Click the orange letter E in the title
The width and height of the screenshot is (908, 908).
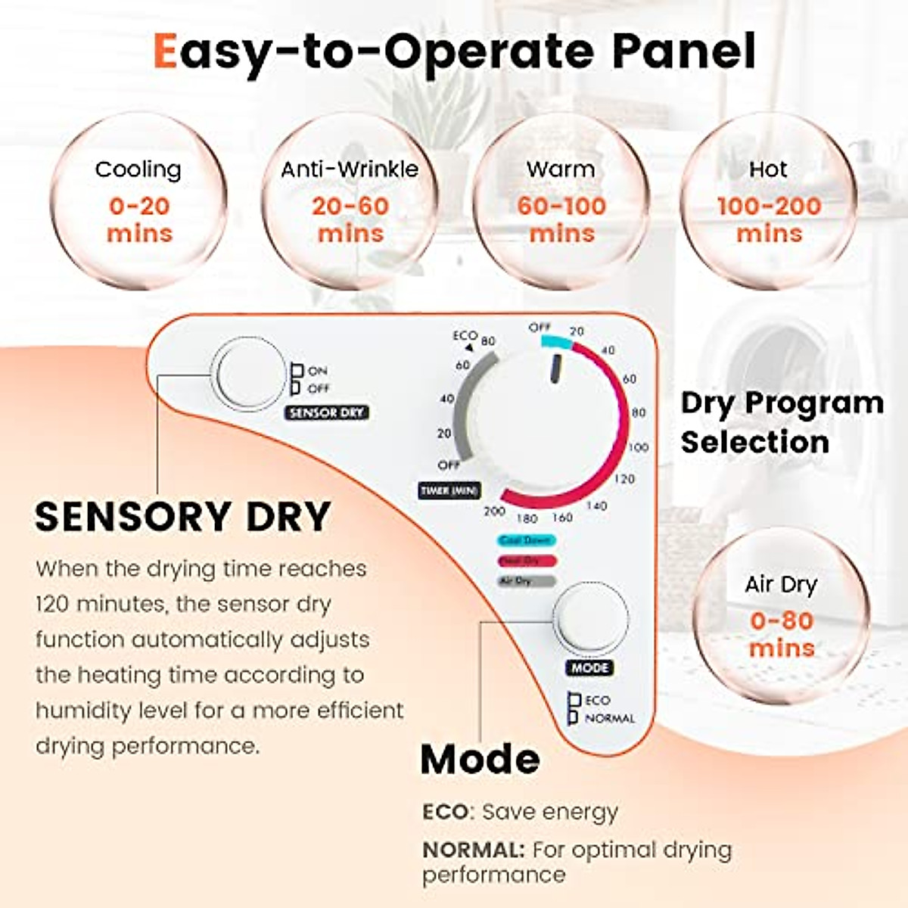point(165,51)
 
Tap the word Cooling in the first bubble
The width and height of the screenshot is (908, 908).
point(138,169)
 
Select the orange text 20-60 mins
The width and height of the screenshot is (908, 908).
point(350,219)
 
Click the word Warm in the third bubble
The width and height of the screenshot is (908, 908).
point(561,169)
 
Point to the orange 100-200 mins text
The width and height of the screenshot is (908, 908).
point(769,219)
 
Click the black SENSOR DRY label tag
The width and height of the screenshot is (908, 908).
point(327,412)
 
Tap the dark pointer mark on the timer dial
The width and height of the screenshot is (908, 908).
point(556,368)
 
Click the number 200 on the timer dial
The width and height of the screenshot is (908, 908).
point(494,511)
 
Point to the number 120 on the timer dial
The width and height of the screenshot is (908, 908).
point(624,479)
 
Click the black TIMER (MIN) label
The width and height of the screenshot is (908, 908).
point(449,490)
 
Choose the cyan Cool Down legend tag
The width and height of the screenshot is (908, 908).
point(527,540)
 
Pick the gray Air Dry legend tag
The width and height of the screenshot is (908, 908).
point(527,581)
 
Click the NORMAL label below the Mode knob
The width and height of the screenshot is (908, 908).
point(610,718)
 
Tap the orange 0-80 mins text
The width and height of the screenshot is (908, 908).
point(782,634)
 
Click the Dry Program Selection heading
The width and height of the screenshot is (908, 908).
point(781,422)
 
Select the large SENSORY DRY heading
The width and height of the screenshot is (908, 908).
point(182,517)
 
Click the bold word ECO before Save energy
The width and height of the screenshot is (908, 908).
point(446,812)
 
